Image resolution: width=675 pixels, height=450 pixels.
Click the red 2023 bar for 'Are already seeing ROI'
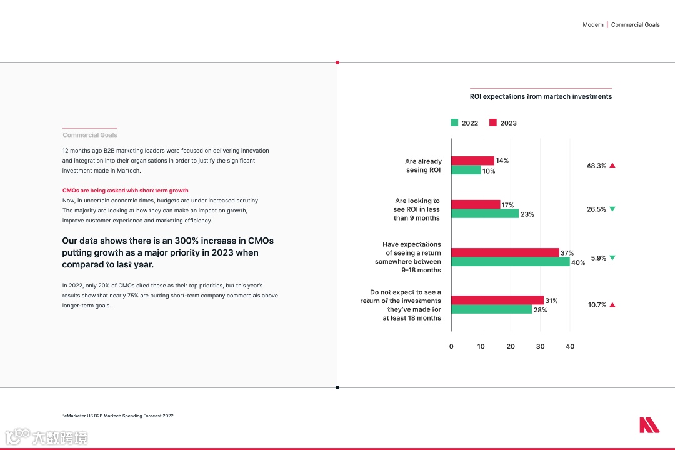pyautogui.click(x=472, y=161)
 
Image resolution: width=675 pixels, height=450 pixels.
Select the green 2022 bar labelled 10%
pyautogui.click(x=466, y=170)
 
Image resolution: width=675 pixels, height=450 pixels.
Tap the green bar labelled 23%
pyautogui.click(x=485, y=214)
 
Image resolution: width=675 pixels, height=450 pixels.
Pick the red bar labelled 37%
pyautogui.click(x=505, y=252)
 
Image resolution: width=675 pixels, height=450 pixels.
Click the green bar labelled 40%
pyautogui.click(x=510, y=262)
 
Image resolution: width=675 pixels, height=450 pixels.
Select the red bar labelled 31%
pyautogui.click(x=497, y=300)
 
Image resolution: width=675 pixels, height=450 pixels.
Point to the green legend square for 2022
pyautogui.click(x=454, y=122)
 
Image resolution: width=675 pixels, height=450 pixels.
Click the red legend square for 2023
pyautogui.click(x=492, y=122)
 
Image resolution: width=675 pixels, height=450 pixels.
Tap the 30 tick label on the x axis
pyautogui.click(x=541, y=346)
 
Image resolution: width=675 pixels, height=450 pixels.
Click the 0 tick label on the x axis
pyautogui.click(x=451, y=346)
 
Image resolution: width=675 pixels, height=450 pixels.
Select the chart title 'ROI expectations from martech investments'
pyautogui.click(x=541, y=96)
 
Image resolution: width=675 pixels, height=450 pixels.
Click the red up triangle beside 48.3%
pyautogui.click(x=612, y=166)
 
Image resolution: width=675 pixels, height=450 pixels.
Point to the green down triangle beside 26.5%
pyautogui.click(x=612, y=209)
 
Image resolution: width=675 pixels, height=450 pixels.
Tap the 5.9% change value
pyautogui.click(x=598, y=258)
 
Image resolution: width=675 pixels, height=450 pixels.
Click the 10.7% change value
pyautogui.click(x=597, y=305)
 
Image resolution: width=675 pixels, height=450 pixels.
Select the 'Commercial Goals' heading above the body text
pyautogui.click(x=90, y=135)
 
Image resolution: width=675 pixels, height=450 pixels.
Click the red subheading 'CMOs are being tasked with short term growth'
pyautogui.click(x=125, y=190)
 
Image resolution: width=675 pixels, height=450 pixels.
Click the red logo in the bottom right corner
pyautogui.click(x=649, y=425)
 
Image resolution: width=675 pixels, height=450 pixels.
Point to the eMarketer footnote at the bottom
pyautogui.click(x=118, y=416)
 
